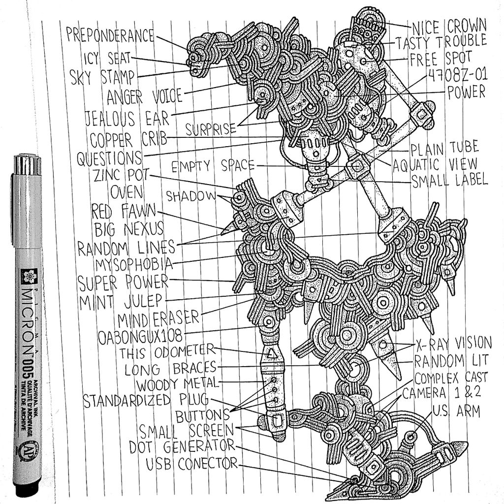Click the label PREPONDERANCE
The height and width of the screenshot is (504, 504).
(x=110, y=35)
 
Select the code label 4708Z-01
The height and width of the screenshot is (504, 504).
(x=457, y=75)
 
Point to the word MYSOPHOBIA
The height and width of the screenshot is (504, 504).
(x=134, y=264)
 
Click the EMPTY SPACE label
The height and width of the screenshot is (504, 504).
(x=213, y=165)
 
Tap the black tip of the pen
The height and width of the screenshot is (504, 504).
(x=27, y=490)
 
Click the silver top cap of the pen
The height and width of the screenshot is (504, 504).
(x=27, y=164)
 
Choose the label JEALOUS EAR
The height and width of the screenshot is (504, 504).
(x=126, y=118)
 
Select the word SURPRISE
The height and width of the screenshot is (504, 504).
(x=210, y=129)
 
